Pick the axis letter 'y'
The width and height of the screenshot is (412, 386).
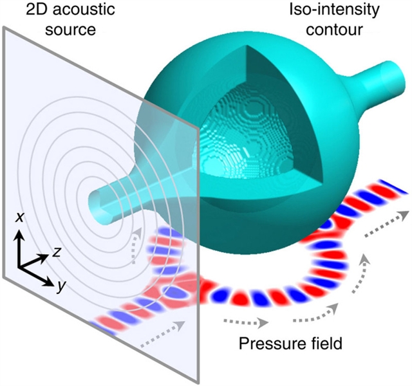tap(59, 288)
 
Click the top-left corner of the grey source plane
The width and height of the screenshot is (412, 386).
tap(6, 27)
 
